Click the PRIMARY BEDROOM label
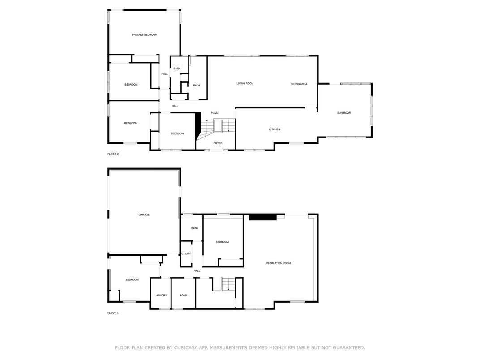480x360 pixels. [145, 35]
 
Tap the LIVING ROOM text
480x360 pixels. [245, 84]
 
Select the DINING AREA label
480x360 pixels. [299, 84]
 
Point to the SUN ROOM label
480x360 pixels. [344, 113]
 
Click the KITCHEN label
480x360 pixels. [274, 129]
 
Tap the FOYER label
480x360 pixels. [218, 143]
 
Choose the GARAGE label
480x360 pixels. [144, 215]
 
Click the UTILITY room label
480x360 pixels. [186, 254]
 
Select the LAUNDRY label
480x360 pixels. [161, 296]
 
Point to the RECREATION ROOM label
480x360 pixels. [278, 263]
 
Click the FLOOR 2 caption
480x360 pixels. [113, 154]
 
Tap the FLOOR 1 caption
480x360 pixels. [113, 313]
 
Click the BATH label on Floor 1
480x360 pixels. [194, 228]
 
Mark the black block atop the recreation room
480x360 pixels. [263, 217]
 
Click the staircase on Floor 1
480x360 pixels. [228, 284]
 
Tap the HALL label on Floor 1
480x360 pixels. [197, 271]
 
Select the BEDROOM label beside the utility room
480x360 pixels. [222, 242]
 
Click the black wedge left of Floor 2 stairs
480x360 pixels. [197, 125]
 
